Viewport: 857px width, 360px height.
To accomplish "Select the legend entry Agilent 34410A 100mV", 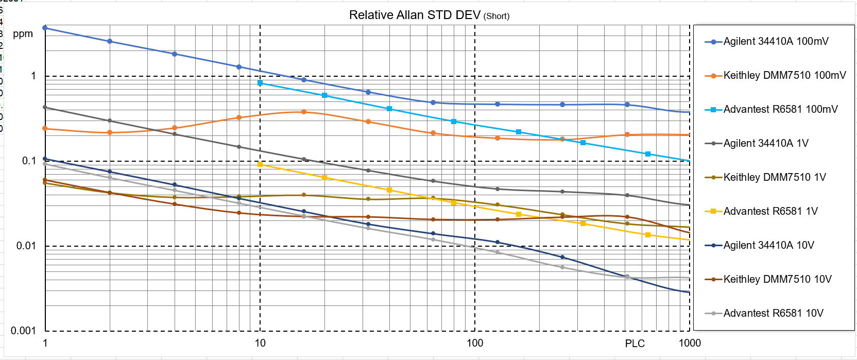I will pyautogui.click(x=776, y=42).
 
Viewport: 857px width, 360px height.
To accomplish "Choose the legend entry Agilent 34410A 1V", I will pyautogui.click(x=766, y=144).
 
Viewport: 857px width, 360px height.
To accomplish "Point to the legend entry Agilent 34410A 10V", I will pyautogui.click(x=768, y=246).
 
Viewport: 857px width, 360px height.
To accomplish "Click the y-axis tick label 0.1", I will pyautogui.click(x=29, y=161).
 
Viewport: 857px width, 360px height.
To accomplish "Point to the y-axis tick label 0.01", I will pyautogui.click(x=26, y=246).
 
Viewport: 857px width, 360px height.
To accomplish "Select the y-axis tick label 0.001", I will pyautogui.click(x=24, y=331).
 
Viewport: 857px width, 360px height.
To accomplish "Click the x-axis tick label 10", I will pyautogui.click(x=260, y=344).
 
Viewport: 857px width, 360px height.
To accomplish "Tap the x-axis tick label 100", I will pyautogui.click(x=475, y=344).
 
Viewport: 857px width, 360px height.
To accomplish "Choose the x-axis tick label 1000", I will pyautogui.click(x=690, y=344).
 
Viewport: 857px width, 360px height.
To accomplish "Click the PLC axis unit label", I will pyautogui.click(x=635, y=344).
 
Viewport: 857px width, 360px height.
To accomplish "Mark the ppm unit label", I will pyautogui.click(x=23, y=34).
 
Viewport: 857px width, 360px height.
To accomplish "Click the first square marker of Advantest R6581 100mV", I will pyautogui.click(x=260, y=83).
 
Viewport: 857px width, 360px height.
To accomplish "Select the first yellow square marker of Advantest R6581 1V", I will pyautogui.click(x=260, y=164).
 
